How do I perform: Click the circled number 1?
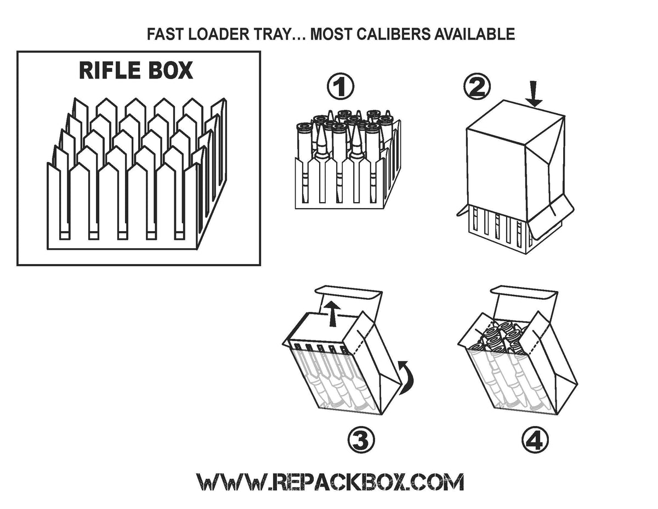click(340, 88)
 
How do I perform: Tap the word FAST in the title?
click(163, 35)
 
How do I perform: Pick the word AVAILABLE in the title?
click(475, 35)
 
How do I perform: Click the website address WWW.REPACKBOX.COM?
click(331, 482)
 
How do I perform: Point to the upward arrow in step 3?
click(330, 313)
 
